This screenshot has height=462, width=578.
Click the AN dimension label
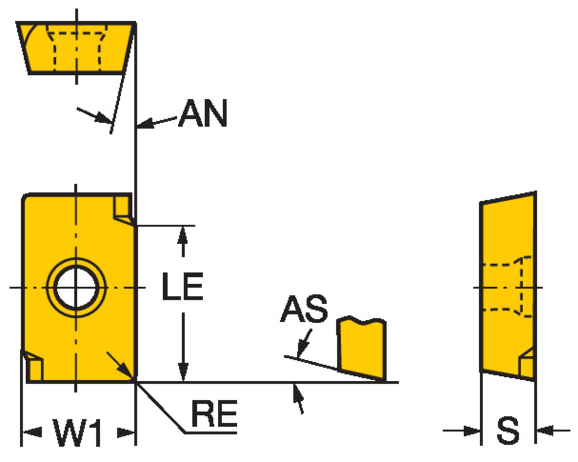click(203, 113)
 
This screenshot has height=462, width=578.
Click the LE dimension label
click(182, 286)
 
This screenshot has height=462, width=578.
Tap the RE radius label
click(214, 414)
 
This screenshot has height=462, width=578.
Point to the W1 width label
click(78, 432)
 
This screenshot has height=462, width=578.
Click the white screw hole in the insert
click(76, 287)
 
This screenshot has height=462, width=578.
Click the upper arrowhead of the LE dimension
click(183, 235)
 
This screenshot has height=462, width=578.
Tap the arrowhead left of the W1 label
click(32, 432)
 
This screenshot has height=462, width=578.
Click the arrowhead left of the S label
click(472, 430)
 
